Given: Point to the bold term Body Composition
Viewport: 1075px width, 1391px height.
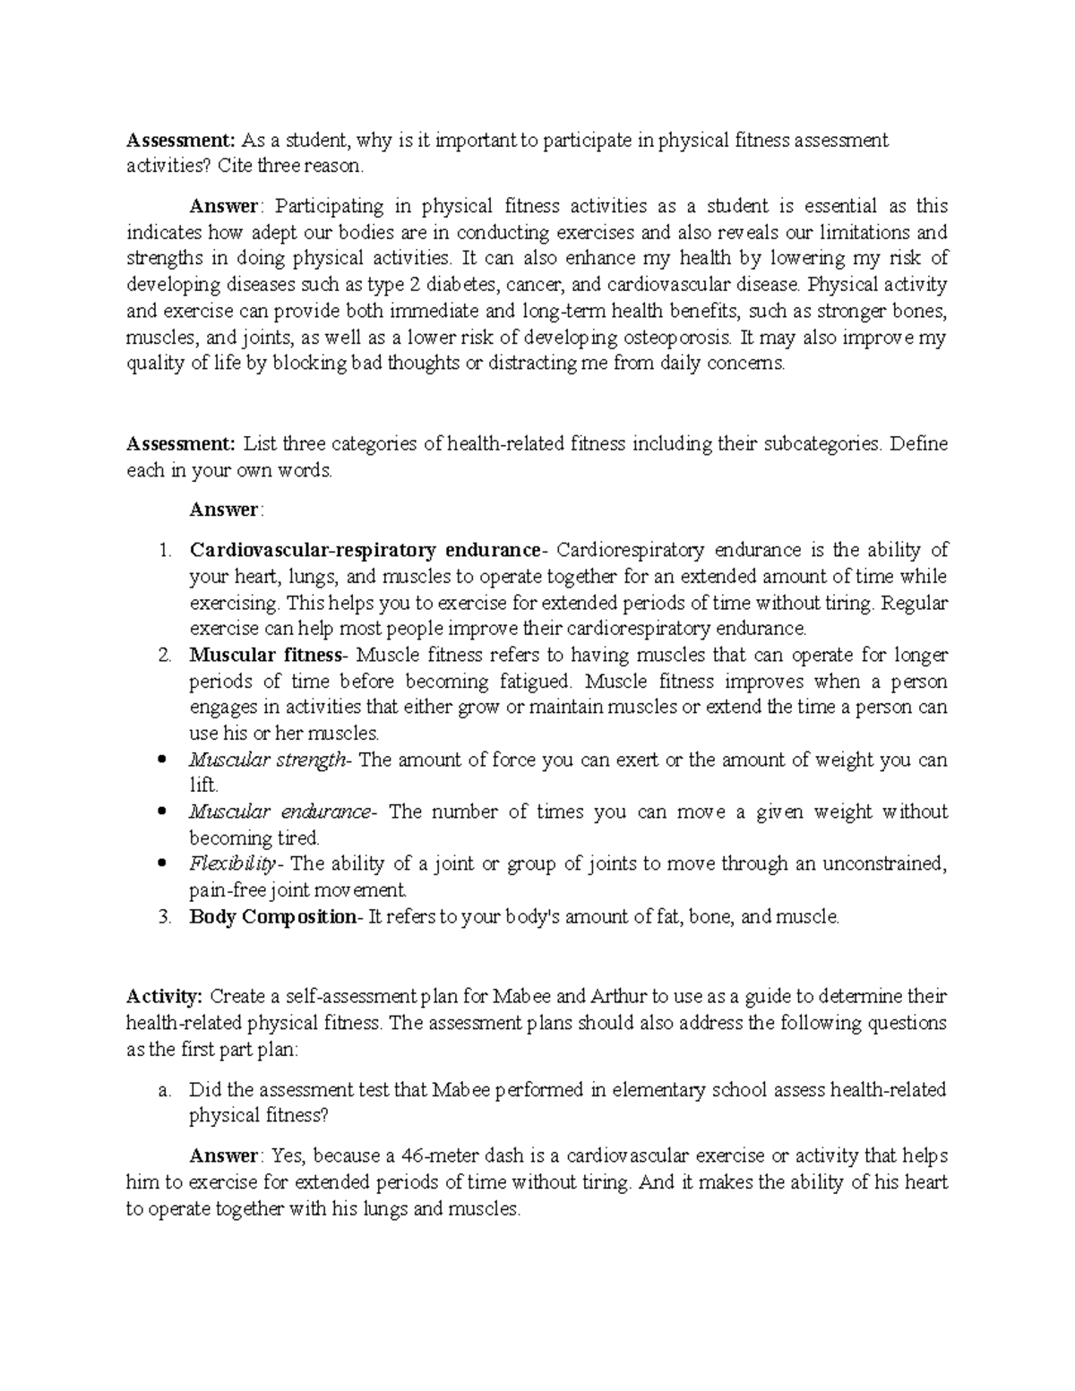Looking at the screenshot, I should click(x=272, y=917).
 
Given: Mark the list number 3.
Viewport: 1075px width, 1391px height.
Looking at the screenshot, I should click(x=164, y=917).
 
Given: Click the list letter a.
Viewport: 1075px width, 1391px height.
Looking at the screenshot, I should click(x=163, y=1090).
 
